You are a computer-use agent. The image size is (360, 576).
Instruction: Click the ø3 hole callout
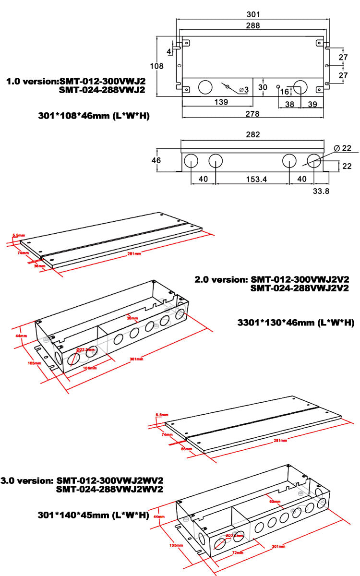pyautogui.click(x=243, y=90)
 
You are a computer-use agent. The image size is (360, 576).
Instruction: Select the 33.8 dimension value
pyautogui.click(x=321, y=190)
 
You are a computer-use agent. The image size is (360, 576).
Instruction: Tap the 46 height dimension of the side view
pyautogui.click(x=156, y=160)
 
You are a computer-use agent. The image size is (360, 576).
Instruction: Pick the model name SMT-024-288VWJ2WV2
pyautogui.click(x=110, y=489)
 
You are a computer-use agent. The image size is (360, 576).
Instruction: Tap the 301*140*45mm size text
pyautogui.click(x=93, y=515)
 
